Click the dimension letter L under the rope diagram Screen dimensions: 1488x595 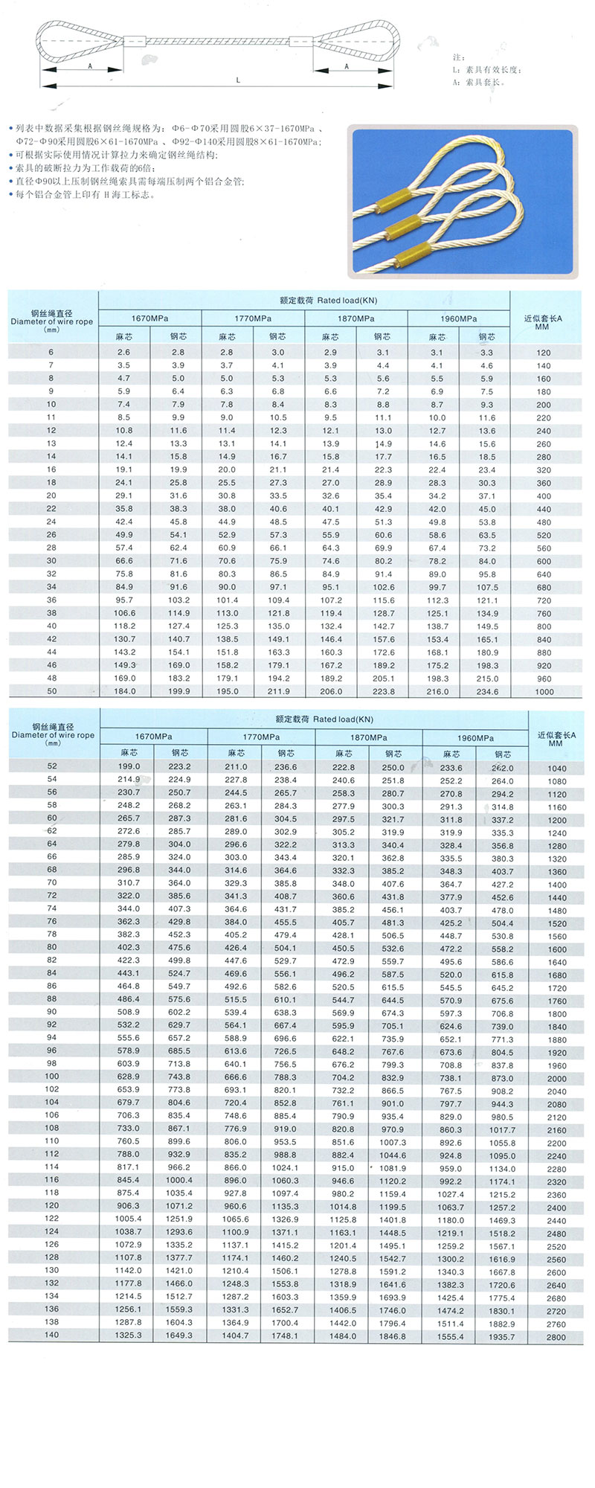click(238, 80)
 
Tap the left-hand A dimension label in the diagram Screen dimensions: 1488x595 click(89, 66)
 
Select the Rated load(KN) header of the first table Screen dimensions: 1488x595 click(328, 301)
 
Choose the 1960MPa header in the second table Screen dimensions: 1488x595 click(475, 737)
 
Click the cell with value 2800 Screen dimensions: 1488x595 click(556, 1337)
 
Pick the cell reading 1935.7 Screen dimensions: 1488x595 click(502, 1337)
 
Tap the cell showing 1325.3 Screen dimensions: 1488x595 click(128, 1335)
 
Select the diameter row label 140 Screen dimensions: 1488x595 click(51, 1335)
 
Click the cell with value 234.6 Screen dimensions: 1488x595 click(487, 691)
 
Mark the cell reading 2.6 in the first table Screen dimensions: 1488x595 click(123, 352)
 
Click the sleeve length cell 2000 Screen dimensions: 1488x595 click(556, 1078)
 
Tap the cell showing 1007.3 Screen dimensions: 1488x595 click(393, 1142)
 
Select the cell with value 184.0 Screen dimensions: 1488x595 click(124, 691)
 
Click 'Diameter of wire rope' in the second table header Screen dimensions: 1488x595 click(53, 735)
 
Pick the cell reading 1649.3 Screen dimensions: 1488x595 click(179, 1335)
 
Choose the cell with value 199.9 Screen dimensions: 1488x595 click(178, 691)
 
